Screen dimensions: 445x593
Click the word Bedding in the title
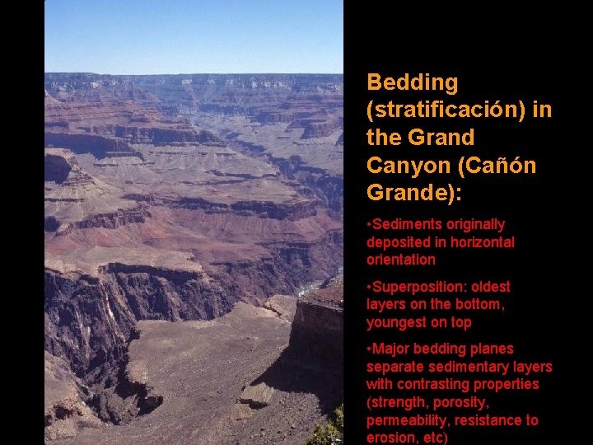click(412, 82)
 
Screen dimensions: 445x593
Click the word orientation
click(401, 260)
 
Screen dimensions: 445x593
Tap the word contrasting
click(432, 385)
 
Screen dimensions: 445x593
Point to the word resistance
click(489, 421)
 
